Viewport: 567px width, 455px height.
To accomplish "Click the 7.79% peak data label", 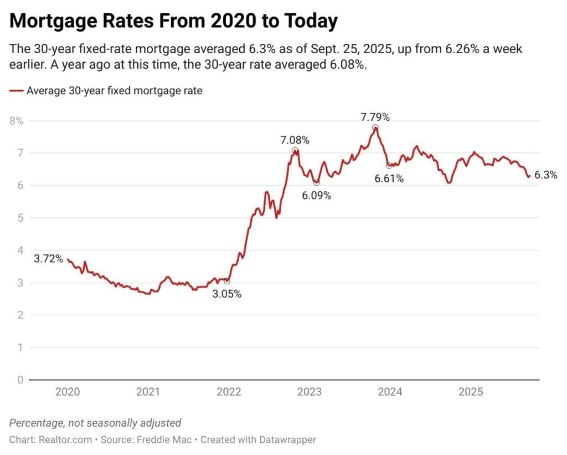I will (x=375, y=117).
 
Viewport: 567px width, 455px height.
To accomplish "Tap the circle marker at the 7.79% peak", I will (x=375, y=128).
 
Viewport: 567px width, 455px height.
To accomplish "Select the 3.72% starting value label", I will (x=48, y=259).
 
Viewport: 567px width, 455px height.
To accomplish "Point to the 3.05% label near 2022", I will (x=227, y=294).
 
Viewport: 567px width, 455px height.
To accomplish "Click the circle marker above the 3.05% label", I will (x=226, y=282).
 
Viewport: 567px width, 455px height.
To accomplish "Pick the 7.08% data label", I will (x=295, y=140).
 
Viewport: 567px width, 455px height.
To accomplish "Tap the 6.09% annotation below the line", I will (x=316, y=196).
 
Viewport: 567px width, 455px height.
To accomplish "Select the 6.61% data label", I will (x=389, y=178).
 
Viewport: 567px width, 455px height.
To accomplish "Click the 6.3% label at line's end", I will (x=545, y=175).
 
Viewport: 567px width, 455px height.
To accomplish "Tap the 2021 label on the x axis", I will (x=148, y=392).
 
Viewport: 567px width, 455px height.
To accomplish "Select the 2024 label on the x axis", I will (x=390, y=392).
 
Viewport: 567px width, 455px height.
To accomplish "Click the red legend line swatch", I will (x=16, y=91).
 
